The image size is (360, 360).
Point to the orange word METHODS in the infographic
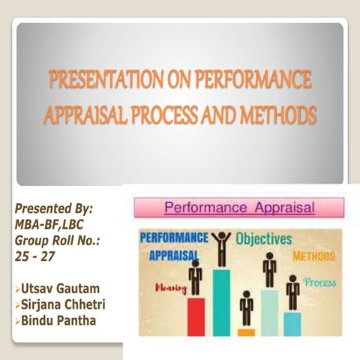tap(313, 256)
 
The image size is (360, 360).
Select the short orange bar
tap(246, 331)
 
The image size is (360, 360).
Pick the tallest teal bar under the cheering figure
tap(220, 301)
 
